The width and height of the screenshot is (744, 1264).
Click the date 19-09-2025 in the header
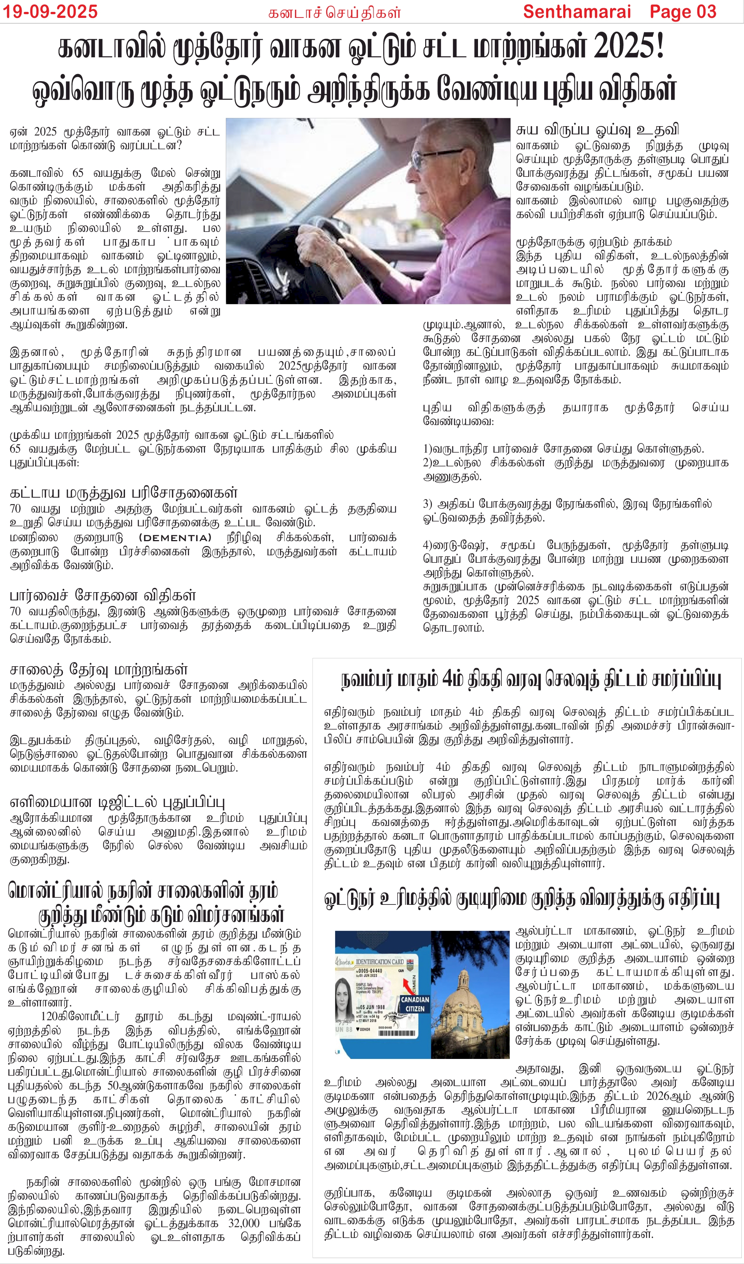(x=50, y=11)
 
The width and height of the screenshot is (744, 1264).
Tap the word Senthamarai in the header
(x=577, y=11)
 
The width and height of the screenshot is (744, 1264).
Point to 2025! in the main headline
(x=629, y=46)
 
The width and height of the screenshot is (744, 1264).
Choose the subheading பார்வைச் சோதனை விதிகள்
(x=102, y=596)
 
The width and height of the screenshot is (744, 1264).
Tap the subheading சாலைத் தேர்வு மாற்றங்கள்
(x=98, y=669)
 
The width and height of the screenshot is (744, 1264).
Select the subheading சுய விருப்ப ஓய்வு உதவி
(x=597, y=130)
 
